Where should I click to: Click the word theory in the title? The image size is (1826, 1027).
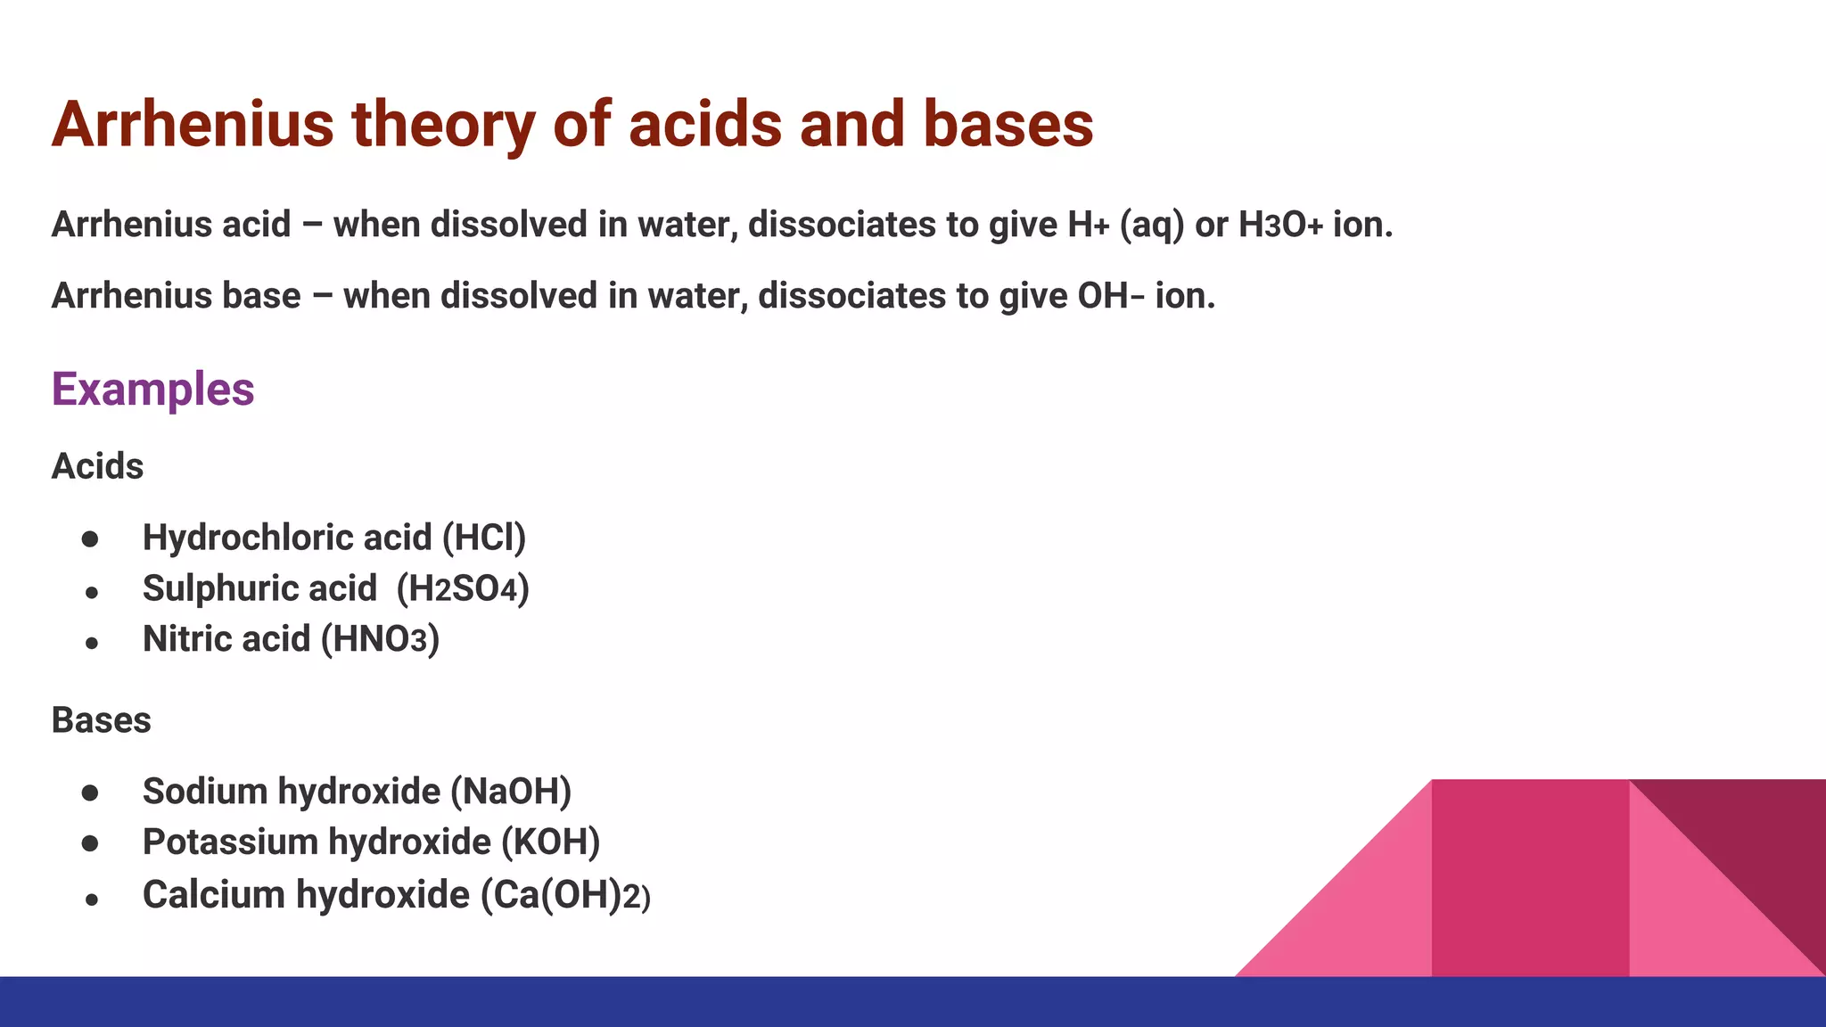[x=443, y=125]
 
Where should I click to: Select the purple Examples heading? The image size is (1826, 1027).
[x=152, y=390]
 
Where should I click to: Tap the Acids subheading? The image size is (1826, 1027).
[x=97, y=466]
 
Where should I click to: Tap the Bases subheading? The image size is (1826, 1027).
[x=101, y=720]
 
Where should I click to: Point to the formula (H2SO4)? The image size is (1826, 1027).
[x=463, y=589]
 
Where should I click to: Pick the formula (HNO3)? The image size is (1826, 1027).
[x=380, y=640]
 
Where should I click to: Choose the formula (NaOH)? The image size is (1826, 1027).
[x=511, y=792]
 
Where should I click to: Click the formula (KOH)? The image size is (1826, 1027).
[x=550, y=842]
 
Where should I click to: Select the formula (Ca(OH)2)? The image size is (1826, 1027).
[x=565, y=895]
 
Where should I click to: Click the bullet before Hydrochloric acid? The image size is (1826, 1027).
[x=90, y=539]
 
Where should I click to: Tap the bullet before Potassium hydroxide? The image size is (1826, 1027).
[x=90, y=843]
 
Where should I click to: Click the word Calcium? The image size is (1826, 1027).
[x=213, y=895]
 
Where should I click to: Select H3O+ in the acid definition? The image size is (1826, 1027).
[x=1280, y=225]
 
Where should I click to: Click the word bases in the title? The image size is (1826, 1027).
[x=1008, y=125]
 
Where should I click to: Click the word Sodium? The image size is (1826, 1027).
[x=204, y=792]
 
